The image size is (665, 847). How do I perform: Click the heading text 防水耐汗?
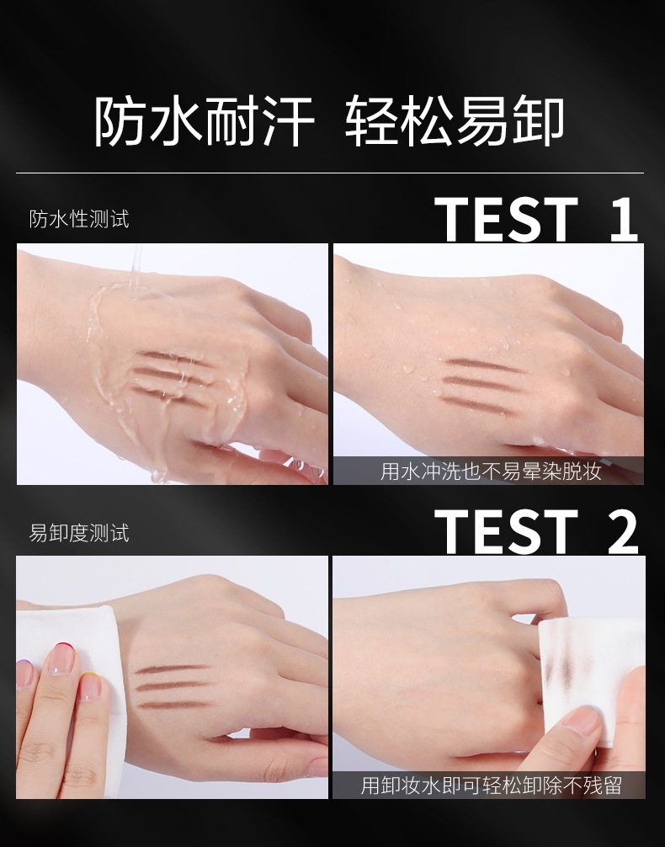(205, 121)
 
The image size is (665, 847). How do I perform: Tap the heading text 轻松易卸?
(455, 121)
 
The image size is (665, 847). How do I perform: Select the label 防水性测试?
(79, 219)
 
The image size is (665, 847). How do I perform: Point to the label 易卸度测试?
(79, 533)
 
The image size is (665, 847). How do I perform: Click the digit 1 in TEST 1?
(625, 219)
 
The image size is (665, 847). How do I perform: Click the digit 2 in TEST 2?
(623, 531)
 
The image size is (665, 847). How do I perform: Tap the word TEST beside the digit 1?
(506, 219)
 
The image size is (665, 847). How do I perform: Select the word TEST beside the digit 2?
(506, 531)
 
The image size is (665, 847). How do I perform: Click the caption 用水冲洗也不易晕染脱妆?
(491, 471)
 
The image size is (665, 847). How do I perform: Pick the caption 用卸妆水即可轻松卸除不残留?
(491, 785)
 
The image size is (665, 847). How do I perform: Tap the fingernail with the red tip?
(61, 658)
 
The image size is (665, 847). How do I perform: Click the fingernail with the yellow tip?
(90, 686)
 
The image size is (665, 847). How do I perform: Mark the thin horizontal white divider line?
(329, 173)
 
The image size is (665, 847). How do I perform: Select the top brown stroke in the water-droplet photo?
(483, 365)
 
